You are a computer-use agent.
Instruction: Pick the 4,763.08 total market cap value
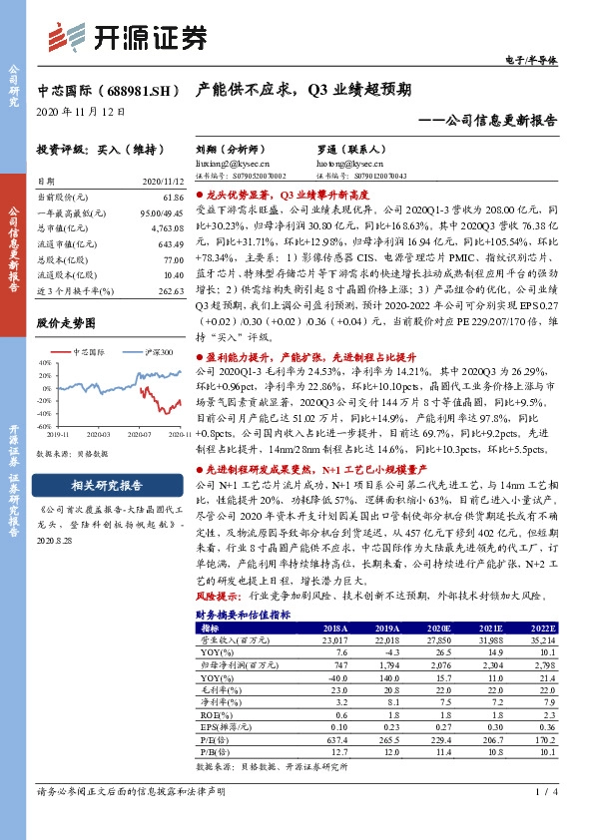(x=168, y=228)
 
